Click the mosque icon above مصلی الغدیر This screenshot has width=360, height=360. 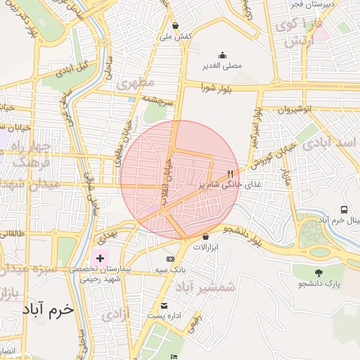point(223,56)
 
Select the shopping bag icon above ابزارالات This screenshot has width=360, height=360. point(205,237)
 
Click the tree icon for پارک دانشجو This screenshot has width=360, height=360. point(319,273)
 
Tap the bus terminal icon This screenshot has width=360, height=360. point(344,210)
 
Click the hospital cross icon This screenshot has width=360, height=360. point(100,258)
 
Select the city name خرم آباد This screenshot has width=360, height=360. point(47,309)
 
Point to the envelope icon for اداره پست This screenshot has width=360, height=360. point(165,305)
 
